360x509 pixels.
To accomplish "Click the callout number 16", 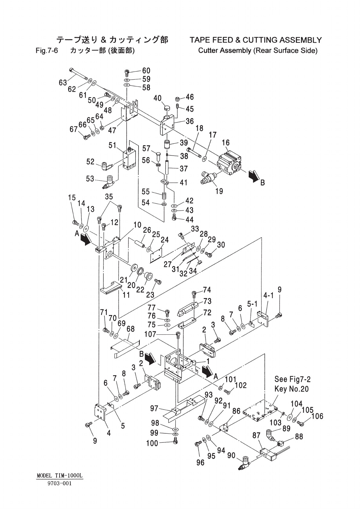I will [226, 143].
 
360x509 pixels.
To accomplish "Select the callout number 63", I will [63, 82].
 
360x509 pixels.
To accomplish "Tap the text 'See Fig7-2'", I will [292, 379].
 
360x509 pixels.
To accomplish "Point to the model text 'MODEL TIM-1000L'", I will [59, 476].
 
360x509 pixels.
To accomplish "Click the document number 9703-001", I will [59, 483].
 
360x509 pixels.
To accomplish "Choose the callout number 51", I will [113, 146].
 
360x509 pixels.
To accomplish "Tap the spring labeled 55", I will [164, 196].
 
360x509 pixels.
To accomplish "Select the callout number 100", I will [152, 443].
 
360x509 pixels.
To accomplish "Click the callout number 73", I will [207, 301].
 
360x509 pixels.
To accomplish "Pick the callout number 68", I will [130, 329].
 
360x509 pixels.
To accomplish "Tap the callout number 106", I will [317, 416].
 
